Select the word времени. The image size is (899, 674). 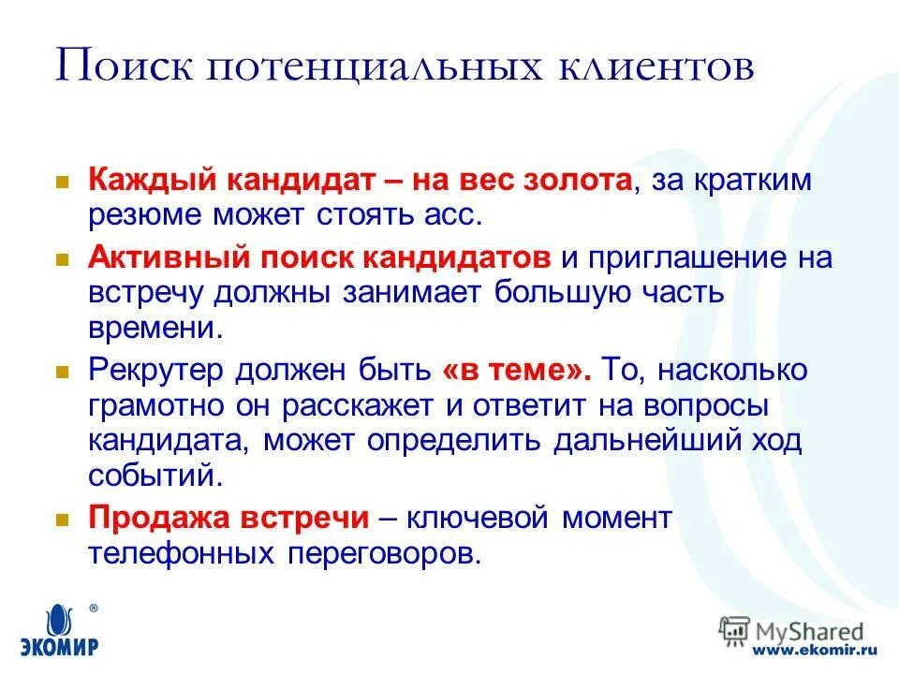(156, 327)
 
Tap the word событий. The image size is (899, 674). (156, 476)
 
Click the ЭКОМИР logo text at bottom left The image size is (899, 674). (61, 645)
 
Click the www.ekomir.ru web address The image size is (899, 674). (814, 648)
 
